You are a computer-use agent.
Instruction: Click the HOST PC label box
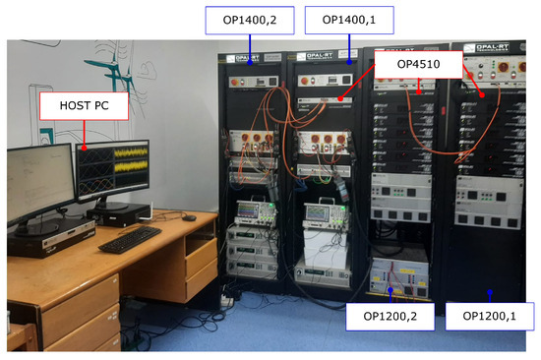pyautogui.click(x=83, y=107)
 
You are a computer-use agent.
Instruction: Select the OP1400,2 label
pyautogui.click(x=250, y=20)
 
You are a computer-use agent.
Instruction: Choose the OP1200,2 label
pyautogui.click(x=391, y=318)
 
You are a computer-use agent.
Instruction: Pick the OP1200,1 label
pyautogui.click(x=489, y=318)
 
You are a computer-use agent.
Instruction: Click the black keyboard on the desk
pyautogui.click(x=129, y=239)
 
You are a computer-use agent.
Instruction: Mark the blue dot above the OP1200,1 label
pyautogui.click(x=489, y=291)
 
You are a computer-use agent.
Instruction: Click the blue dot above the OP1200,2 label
pyautogui.click(x=391, y=290)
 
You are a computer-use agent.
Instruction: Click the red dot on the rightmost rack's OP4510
pyautogui.click(x=482, y=94)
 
